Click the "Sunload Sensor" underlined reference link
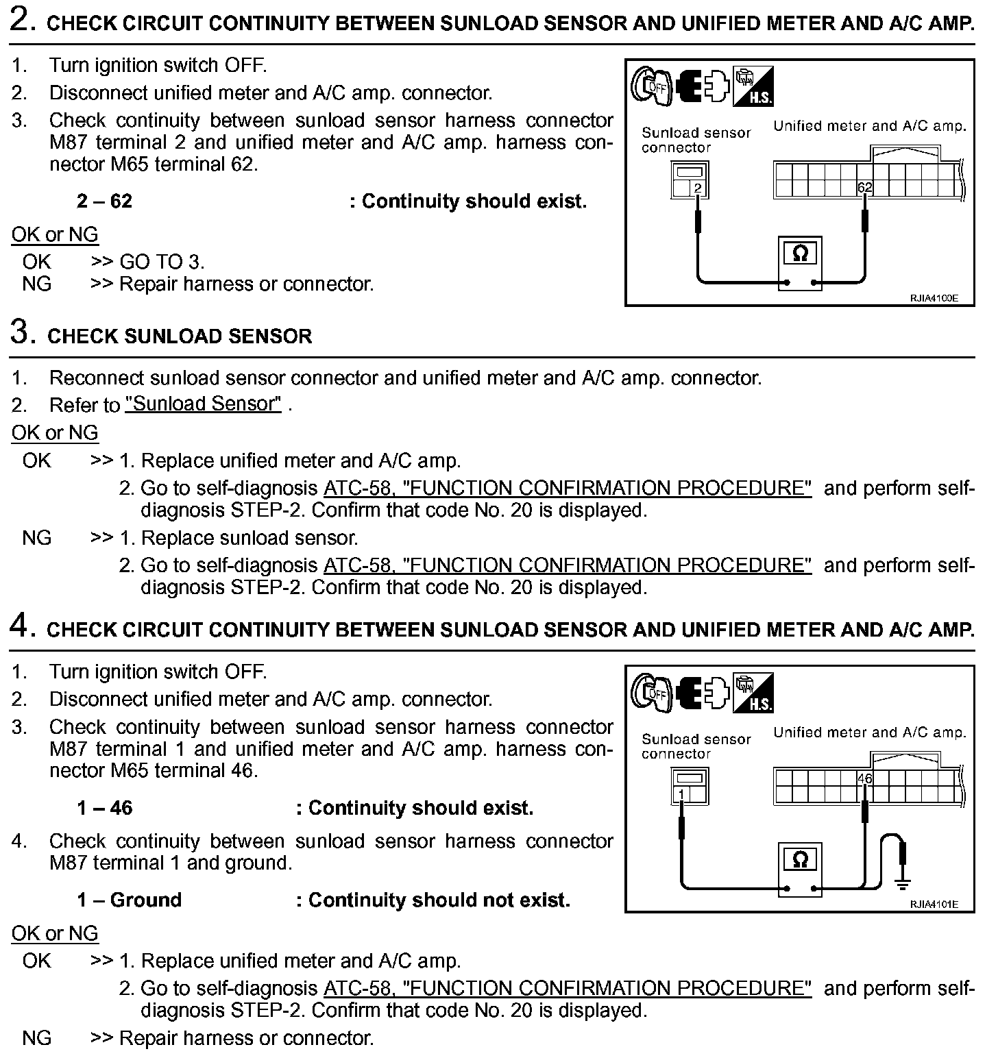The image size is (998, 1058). [204, 404]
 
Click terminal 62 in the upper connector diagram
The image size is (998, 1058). [864, 187]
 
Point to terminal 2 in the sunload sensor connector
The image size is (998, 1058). [698, 188]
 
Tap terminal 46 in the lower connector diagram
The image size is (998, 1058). [864, 778]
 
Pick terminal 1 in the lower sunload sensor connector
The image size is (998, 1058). [681, 794]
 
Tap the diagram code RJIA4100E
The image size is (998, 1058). [933, 298]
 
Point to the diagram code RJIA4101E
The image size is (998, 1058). [933, 905]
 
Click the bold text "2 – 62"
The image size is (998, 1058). [104, 201]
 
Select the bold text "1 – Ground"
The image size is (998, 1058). [130, 900]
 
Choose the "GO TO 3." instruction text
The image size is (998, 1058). [162, 262]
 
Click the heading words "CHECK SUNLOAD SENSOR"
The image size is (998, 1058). [180, 336]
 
